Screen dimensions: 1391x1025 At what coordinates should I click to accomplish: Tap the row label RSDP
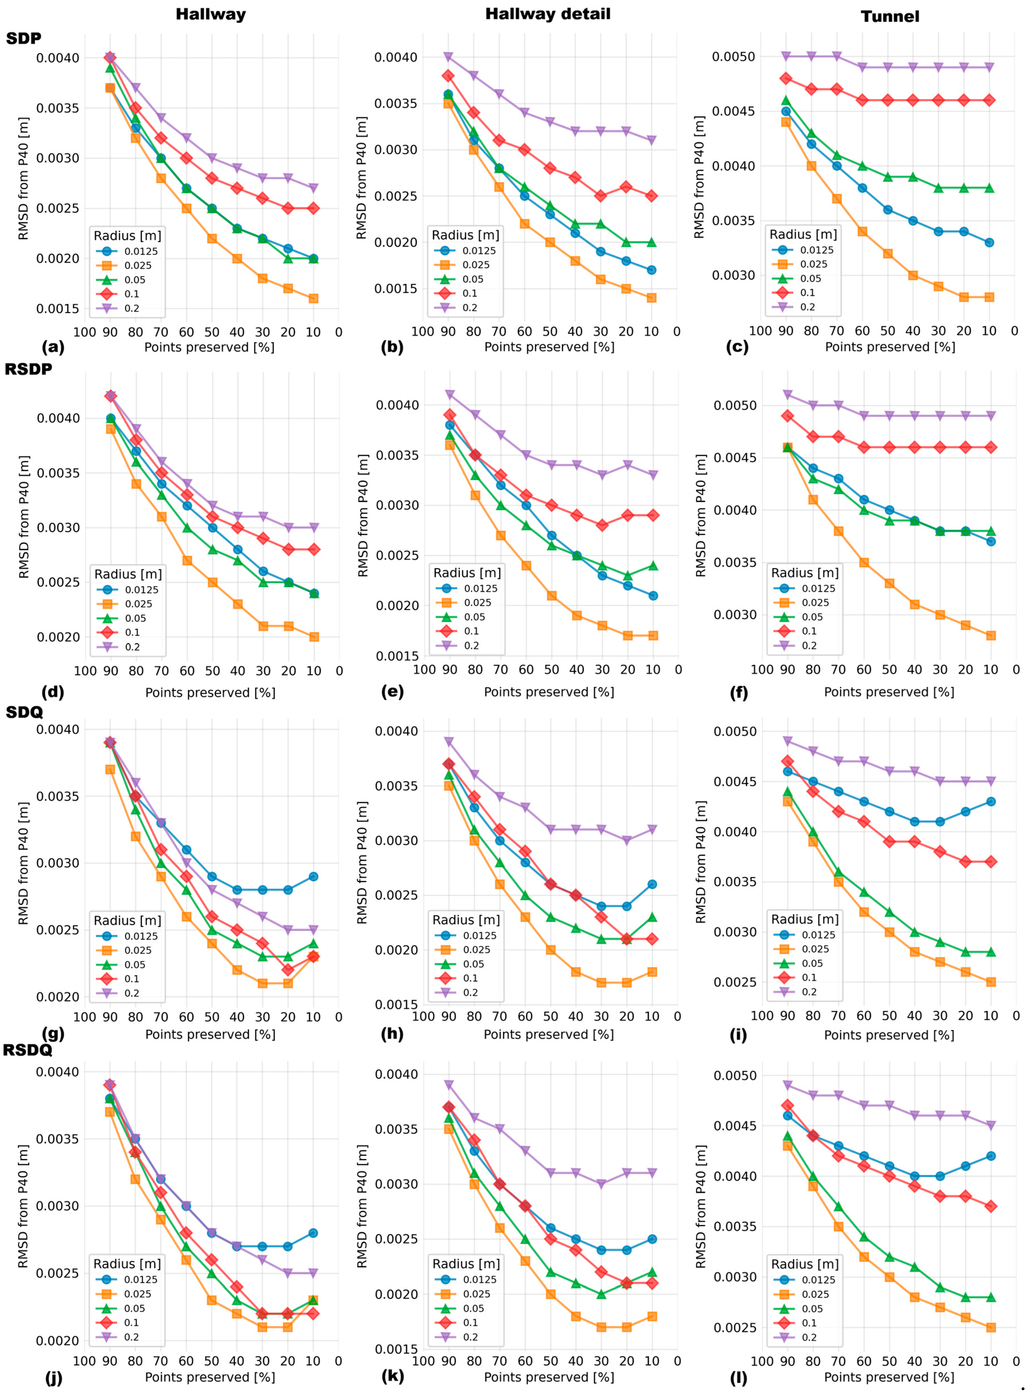(x=29, y=369)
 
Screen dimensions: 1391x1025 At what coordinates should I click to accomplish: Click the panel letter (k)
(x=393, y=1376)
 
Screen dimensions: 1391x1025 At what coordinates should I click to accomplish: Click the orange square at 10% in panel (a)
(x=313, y=298)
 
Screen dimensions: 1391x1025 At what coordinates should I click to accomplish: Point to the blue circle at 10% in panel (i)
(x=991, y=802)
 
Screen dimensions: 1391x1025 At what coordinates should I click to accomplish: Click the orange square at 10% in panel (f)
(x=991, y=635)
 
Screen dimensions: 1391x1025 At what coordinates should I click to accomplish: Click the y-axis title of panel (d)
(x=24, y=517)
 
